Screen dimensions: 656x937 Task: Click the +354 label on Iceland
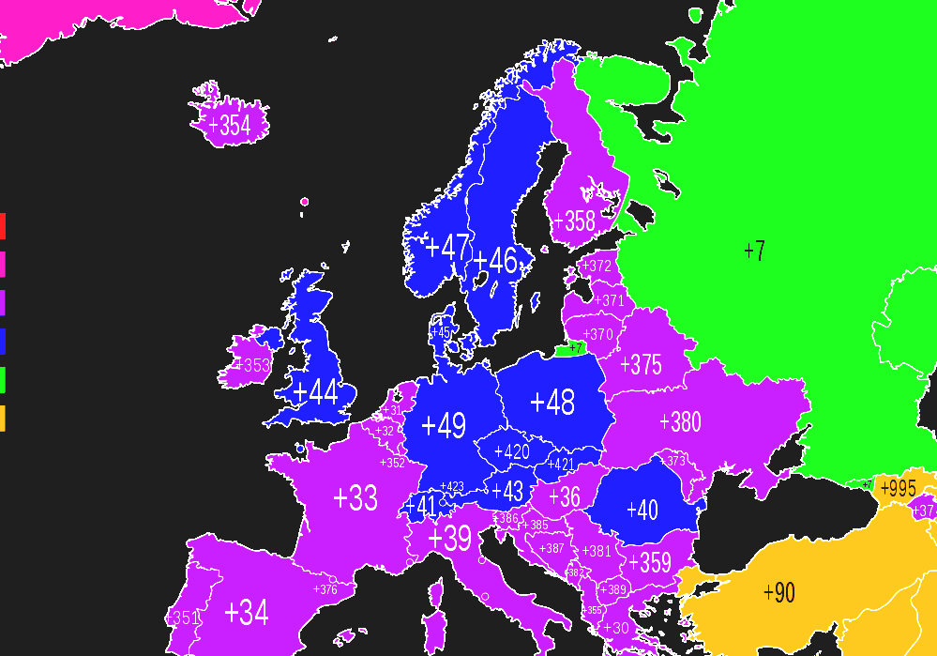230,126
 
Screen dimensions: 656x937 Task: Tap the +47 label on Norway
447,249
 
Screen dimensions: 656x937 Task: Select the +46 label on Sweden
495,261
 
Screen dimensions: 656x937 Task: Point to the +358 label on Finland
574,221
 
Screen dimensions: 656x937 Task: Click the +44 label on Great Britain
315,392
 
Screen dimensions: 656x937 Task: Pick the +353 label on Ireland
252,365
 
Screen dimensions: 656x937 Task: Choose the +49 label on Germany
444,425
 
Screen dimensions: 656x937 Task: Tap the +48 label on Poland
552,403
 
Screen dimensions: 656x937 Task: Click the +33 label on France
355,498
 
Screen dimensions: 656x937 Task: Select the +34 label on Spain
247,613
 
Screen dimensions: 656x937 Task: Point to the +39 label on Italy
449,539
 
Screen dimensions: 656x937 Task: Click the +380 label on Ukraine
680,422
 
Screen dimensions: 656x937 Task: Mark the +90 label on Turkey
779,593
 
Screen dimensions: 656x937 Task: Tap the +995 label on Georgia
898,488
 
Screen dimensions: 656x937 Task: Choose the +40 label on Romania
642,511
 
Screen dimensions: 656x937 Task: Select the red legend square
3,226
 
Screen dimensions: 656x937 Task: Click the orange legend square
3,419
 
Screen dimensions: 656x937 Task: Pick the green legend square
3,380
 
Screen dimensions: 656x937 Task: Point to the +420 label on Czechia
511,451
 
